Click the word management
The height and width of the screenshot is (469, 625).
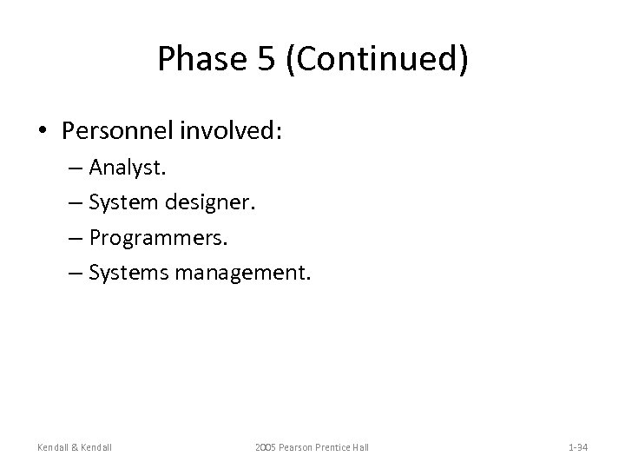tap(242, 274)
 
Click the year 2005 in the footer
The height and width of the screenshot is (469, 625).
tap(266, 446)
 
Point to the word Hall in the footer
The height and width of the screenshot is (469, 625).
tap(359, 446)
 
